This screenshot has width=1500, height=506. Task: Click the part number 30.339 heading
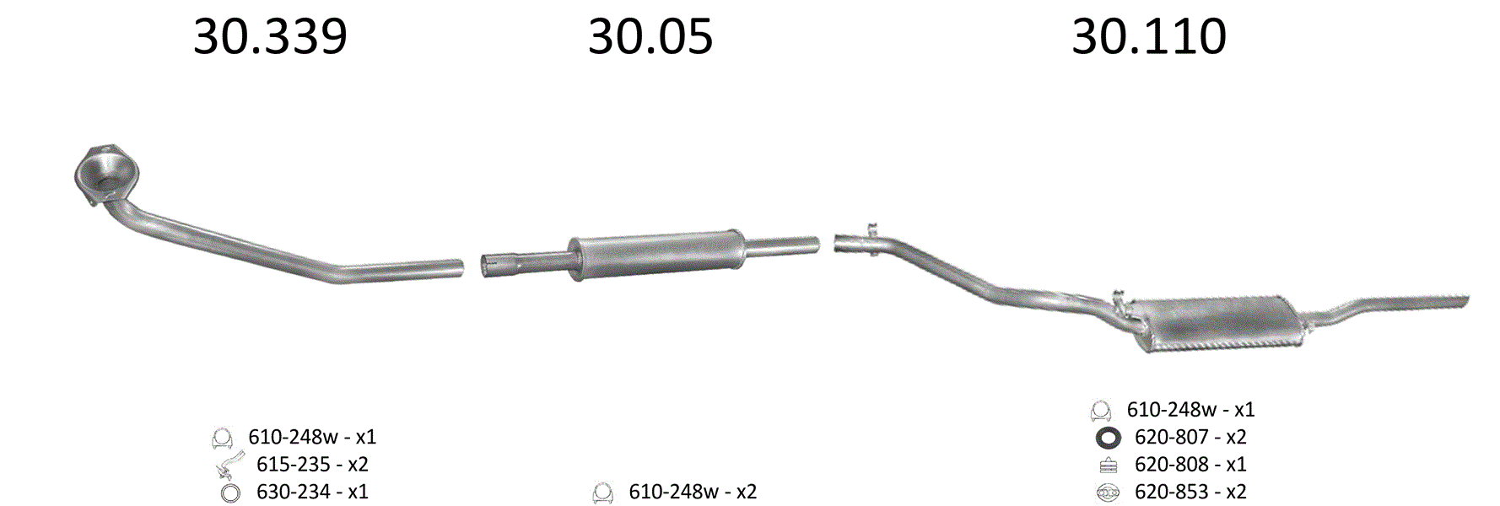click(270, 37)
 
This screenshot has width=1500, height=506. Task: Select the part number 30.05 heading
click(650, 37)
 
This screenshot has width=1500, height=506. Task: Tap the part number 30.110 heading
click(1149, 37)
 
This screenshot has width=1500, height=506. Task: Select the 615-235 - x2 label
click(312, 464)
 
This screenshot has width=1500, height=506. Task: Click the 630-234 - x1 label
click(312, 492)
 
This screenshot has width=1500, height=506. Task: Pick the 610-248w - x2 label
click(693, 492)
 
